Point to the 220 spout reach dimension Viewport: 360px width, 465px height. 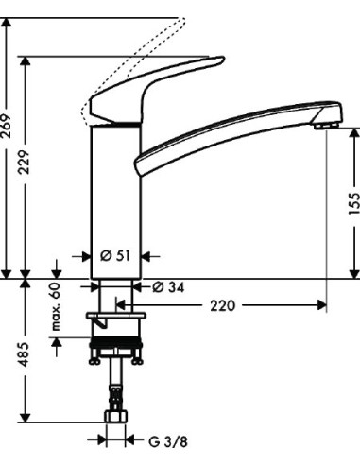223,305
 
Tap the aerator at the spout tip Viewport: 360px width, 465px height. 326,124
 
